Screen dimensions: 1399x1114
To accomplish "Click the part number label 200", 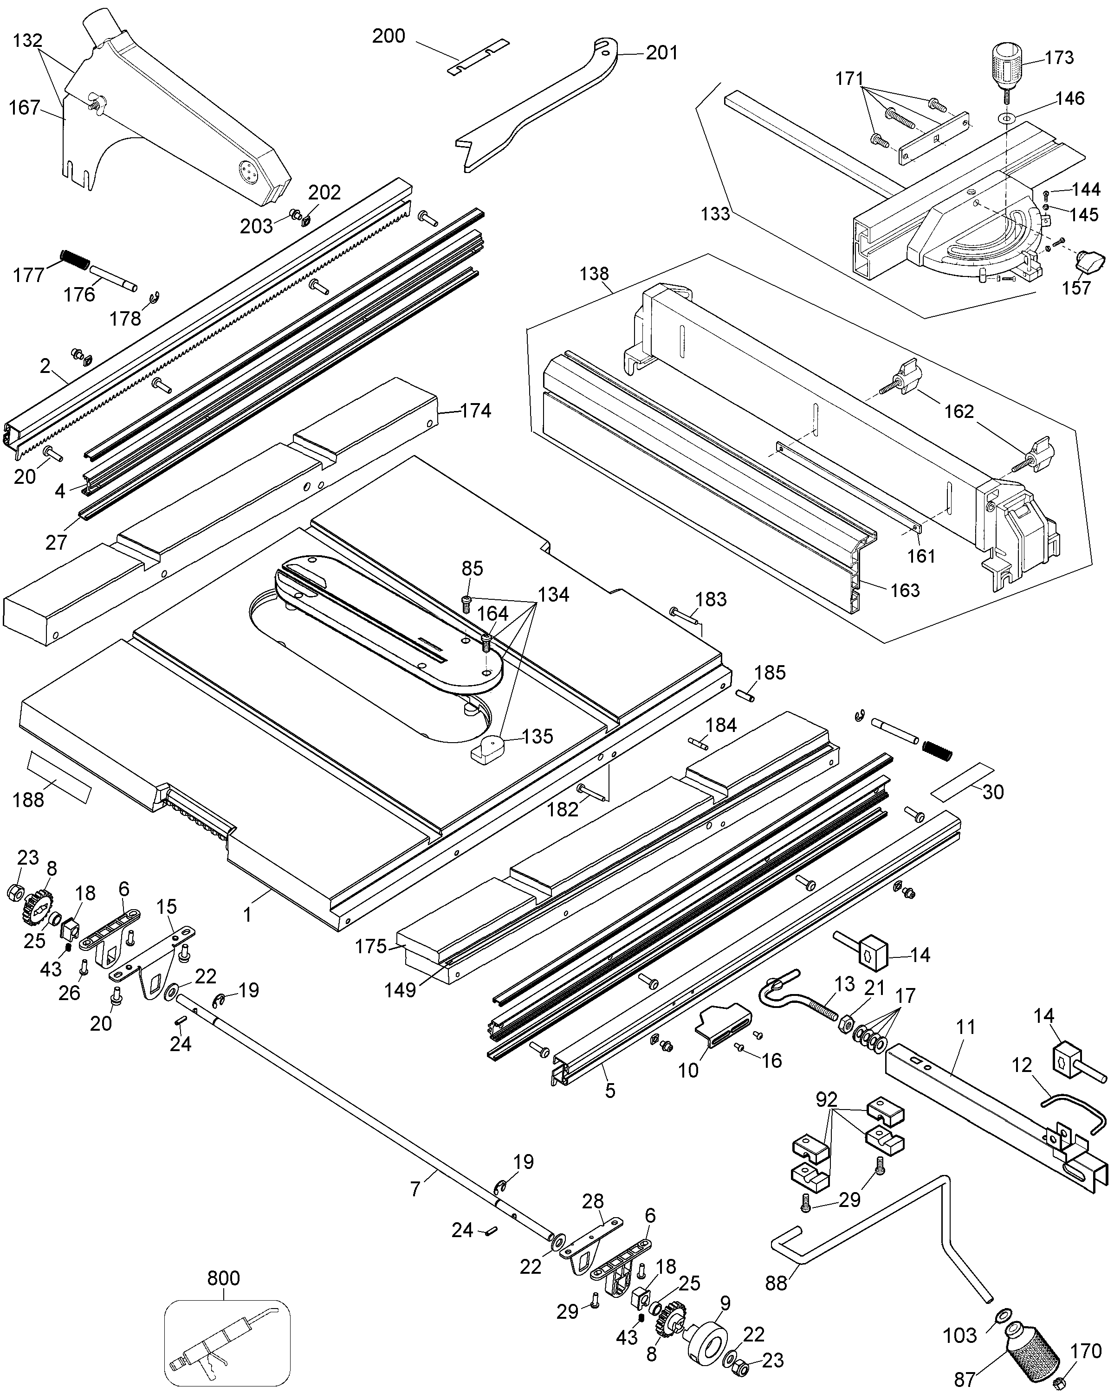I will [388, 36].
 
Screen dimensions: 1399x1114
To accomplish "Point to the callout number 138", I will [595, 274].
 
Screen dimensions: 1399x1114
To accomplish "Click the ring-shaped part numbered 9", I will [709, 1337].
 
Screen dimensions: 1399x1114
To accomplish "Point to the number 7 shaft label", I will [415, 1189].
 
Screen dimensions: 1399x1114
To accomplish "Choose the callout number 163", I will [905, 590].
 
